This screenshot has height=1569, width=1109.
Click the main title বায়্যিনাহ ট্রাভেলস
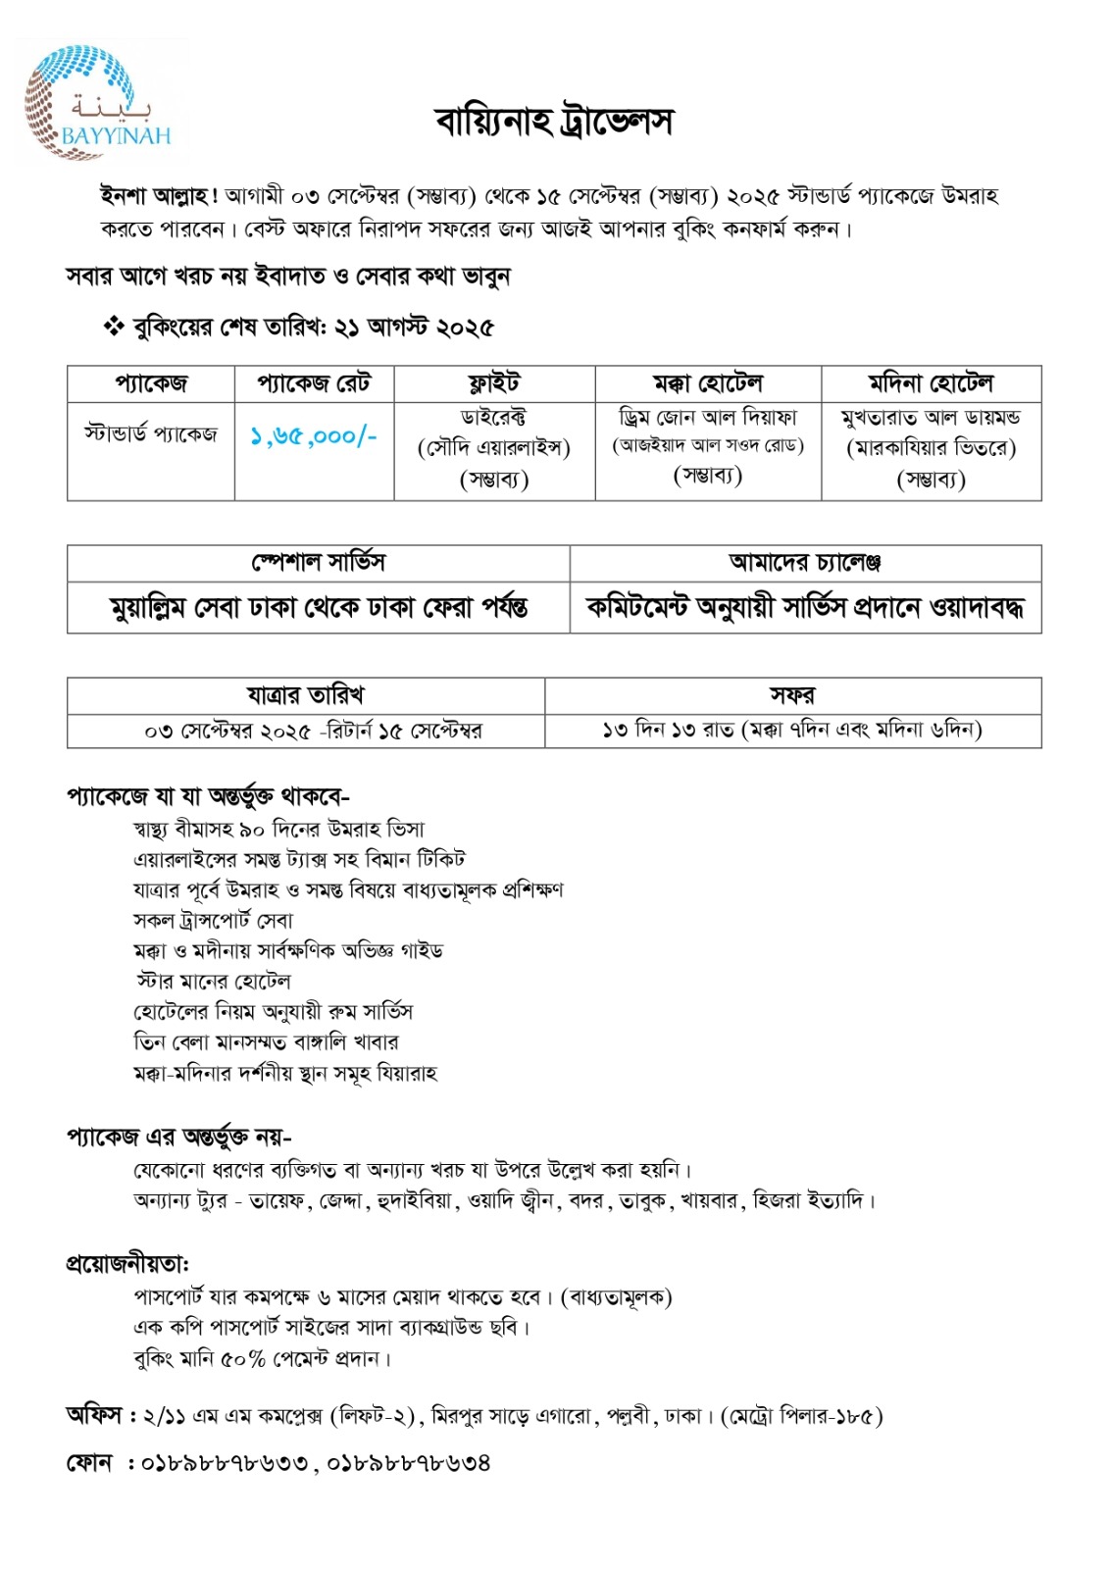tap(554, 123)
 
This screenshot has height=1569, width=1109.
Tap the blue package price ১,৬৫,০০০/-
tap(314, 436)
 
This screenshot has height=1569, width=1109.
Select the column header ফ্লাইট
tap(494, 383)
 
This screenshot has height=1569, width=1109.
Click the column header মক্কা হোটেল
tap(707, 383)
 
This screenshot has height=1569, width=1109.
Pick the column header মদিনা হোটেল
tap(931, 383)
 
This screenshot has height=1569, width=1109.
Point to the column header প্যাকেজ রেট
tap(314, 383)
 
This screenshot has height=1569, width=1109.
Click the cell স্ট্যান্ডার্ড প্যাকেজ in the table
tap(150, 433)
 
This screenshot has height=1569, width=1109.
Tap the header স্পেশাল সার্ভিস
tap(319, 562)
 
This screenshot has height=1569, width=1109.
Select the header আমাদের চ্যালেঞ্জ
tap(805, 562)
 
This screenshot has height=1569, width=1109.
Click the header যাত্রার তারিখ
tap(305, 695)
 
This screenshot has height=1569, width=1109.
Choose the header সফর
tap(792, 695)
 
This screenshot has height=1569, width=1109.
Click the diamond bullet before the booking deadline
tap(113, 327)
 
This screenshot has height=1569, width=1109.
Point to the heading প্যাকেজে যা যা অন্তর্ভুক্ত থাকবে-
tap(208, 795)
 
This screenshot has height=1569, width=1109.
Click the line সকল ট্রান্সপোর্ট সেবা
tap(213, 921)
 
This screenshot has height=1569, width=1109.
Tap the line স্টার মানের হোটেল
tap(213, 982)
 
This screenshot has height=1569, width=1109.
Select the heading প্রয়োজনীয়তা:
tap(127, 1264)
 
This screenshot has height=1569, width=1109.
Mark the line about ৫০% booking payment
tap(262, 1359)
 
